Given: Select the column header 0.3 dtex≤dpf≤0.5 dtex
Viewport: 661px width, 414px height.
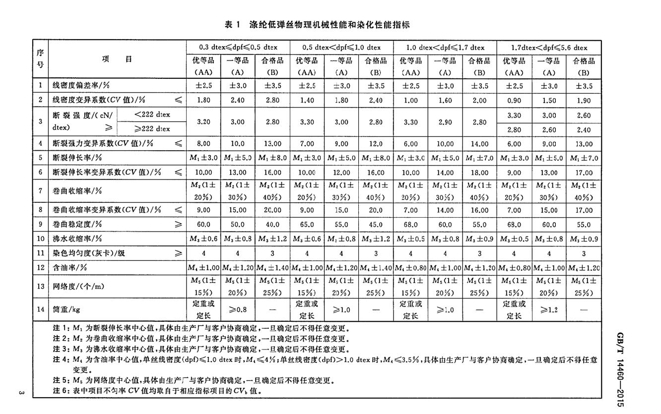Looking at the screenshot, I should click(x=238, y=48).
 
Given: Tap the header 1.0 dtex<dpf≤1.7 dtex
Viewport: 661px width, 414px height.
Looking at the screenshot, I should click(x=445, y=48).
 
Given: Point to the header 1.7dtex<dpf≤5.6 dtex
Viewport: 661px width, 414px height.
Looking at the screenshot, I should click(x=549, y=48).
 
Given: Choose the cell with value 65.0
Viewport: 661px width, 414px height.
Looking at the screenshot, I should click(x=307, y=224).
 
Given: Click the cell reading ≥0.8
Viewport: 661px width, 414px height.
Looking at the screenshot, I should click(x=238, y=310).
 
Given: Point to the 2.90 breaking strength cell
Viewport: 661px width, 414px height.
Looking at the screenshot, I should click(x=445, y=121).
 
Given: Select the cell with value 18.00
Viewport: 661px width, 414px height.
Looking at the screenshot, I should click(x=479, y=173).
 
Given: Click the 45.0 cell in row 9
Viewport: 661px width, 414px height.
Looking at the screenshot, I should click(x=376, y=224).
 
